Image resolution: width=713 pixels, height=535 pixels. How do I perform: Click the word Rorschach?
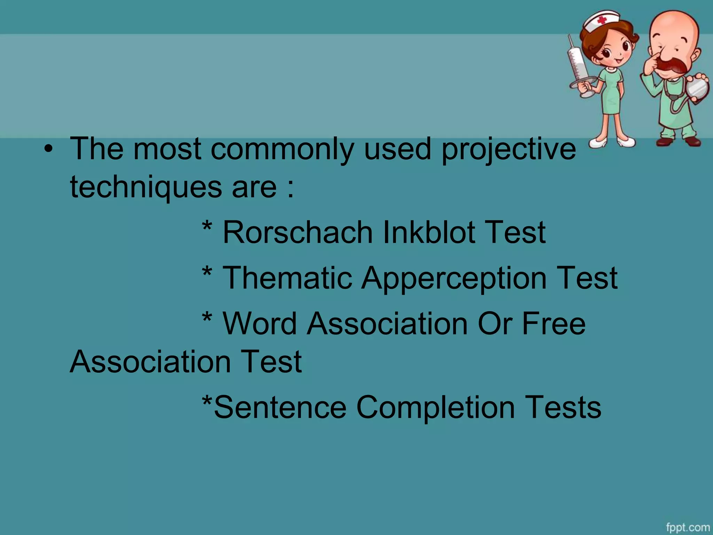(298, 232)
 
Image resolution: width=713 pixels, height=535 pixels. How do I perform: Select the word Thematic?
(287, 278)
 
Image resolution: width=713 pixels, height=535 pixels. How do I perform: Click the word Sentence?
(280, 407)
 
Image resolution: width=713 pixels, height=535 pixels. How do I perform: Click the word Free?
(554, 324)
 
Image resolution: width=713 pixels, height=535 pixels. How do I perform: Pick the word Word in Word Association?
(260, 324)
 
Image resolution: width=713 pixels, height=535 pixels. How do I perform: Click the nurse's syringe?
(578, 66)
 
